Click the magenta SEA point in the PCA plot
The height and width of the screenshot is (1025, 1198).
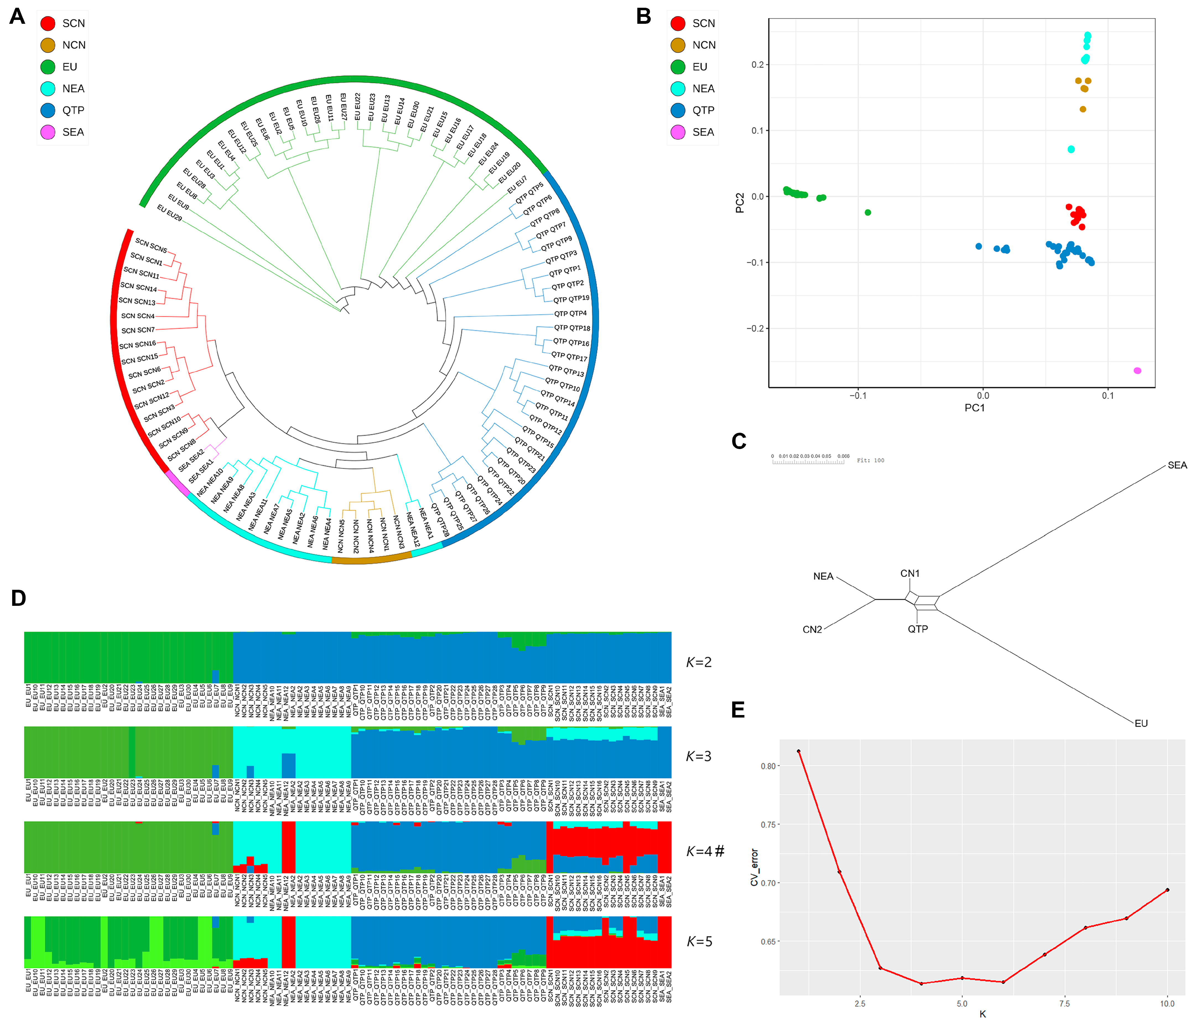[x=1137, y=371]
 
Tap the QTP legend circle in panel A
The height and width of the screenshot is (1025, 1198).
[x=48, y=110]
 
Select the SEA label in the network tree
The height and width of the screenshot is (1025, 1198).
[x=1177, y=465]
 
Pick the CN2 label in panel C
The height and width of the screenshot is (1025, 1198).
[x=812, y=630]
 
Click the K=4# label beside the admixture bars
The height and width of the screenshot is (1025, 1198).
[x=704, y=851]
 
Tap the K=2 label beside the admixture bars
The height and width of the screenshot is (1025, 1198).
[x=698, y=662]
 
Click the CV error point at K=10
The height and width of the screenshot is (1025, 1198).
[x=1167, y=890]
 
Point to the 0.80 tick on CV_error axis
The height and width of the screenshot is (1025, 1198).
[x=768, y=766]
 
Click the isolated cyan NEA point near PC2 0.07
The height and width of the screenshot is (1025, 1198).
[x=1071, y=149]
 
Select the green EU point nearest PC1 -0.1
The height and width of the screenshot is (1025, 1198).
[x=867, y=212]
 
